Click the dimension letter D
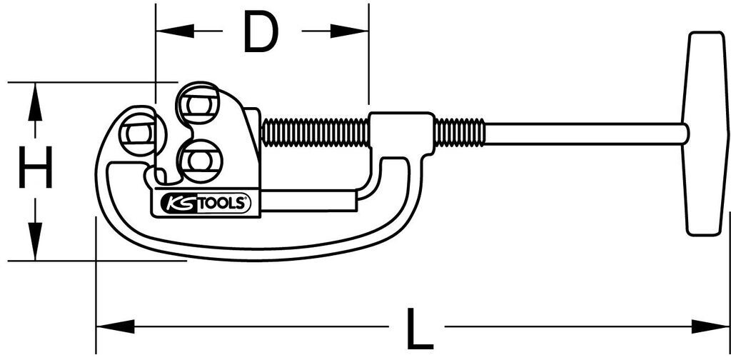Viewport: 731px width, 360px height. coord(260,32)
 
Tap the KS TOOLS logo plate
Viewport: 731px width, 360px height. coord(202,204)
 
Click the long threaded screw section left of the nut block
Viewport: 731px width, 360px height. coord(315,133)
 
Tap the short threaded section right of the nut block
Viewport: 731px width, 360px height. coord(459,133)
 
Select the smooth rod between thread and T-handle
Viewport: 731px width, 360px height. coord(585,134)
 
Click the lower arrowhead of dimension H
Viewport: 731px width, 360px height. coord(33,251)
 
